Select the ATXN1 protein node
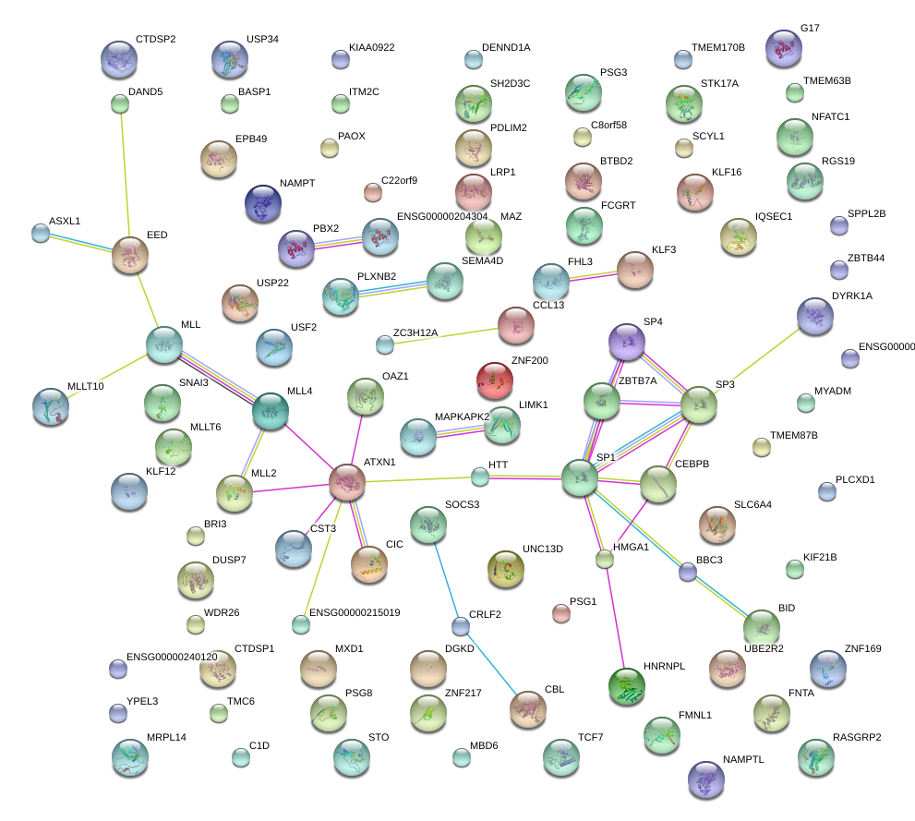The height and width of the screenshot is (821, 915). [x=348, y=482]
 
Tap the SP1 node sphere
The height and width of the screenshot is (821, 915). [x=580, y=477]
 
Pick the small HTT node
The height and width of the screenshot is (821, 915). [x=479, y=477]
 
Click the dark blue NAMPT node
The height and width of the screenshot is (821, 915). [x=263, y=203]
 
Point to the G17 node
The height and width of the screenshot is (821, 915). [x=783, y=48]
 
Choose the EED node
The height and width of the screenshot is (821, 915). [x=130, y=255]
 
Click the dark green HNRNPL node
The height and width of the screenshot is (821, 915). [x=628, y=685]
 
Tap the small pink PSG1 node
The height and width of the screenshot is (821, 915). [x=560, y=612]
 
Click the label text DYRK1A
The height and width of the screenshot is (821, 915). [x=851, y=296]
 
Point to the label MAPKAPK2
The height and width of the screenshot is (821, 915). [x=462, y=417]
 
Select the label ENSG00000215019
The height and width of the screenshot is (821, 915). [x=355, y=612]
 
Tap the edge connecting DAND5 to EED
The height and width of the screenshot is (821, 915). [x=125, y=175]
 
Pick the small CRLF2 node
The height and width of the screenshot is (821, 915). [x=461, y=626]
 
